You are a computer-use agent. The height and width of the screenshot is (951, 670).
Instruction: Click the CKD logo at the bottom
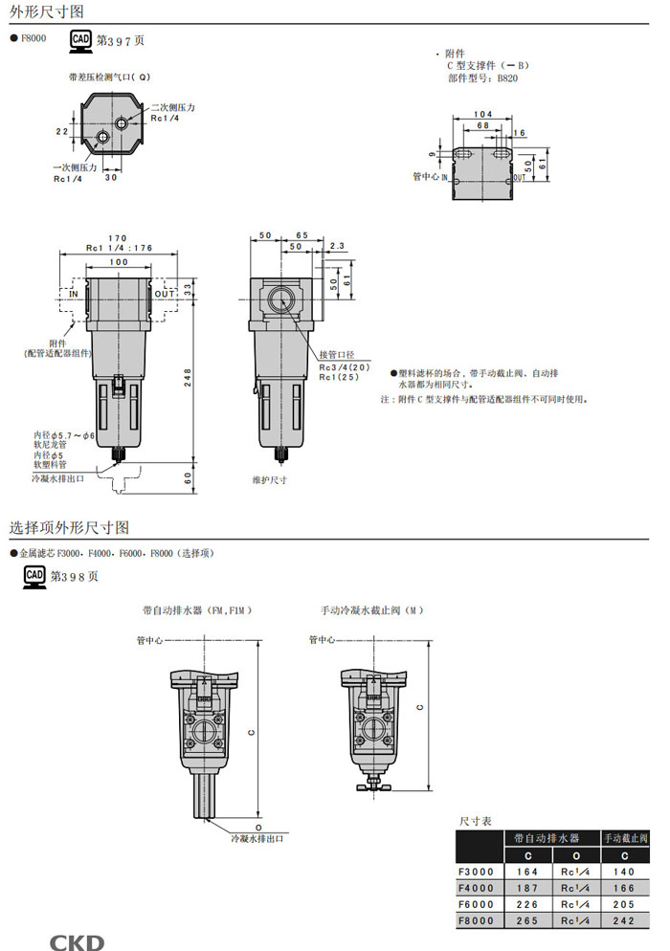(77, 941)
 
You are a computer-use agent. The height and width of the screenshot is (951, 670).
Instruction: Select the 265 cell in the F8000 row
(527, 920)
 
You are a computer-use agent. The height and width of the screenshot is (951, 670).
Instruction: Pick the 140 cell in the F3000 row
(623, 872)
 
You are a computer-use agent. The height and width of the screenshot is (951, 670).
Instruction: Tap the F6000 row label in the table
(477, 904)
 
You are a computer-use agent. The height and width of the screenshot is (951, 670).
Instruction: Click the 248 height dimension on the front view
(188, 377)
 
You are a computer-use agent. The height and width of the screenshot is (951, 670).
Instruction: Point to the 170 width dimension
(118, 238)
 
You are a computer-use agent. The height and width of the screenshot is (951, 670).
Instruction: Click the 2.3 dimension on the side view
(337, 246)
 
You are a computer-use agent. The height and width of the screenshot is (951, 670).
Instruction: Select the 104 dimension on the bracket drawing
(483, 114)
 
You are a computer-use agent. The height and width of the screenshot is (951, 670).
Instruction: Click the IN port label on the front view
(74, 294)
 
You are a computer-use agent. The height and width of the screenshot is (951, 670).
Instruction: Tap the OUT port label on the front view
(165, 294)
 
